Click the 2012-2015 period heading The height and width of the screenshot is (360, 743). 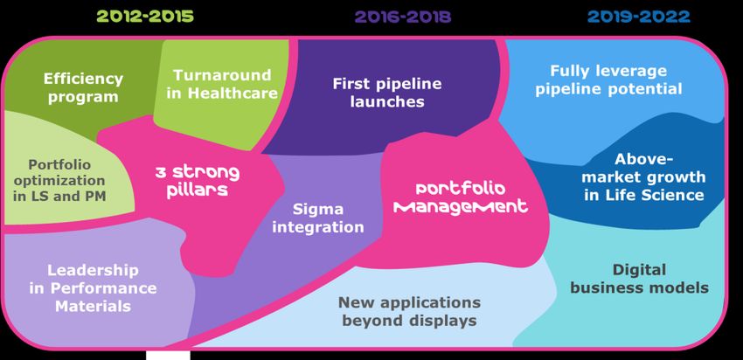coord(145,17)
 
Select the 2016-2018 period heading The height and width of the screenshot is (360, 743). coord(403,17)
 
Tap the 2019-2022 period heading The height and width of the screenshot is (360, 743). coord(638,17)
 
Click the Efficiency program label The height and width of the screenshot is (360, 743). coord(83,87)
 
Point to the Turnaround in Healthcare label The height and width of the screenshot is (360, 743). coord(222,84)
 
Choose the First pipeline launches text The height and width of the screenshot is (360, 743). coord(387,93)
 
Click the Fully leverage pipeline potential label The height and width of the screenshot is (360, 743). coord(609,80)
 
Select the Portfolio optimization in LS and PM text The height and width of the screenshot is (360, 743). coord(59,181)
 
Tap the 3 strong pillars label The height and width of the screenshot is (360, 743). coord(198,180)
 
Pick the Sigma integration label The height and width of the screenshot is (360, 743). coord(318,218)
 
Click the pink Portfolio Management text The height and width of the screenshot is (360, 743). coord(461,197)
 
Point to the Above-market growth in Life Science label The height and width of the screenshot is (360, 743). coord(644,177)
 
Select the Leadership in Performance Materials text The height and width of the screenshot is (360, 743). coord(93,288)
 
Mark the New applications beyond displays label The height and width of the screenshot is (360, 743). coord(409,311)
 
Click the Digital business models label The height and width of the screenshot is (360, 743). coord(639,279)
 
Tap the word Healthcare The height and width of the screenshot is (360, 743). coord(233,93)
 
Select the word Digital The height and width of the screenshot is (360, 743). coord(639,270)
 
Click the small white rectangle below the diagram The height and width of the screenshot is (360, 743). coord(168,356)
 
